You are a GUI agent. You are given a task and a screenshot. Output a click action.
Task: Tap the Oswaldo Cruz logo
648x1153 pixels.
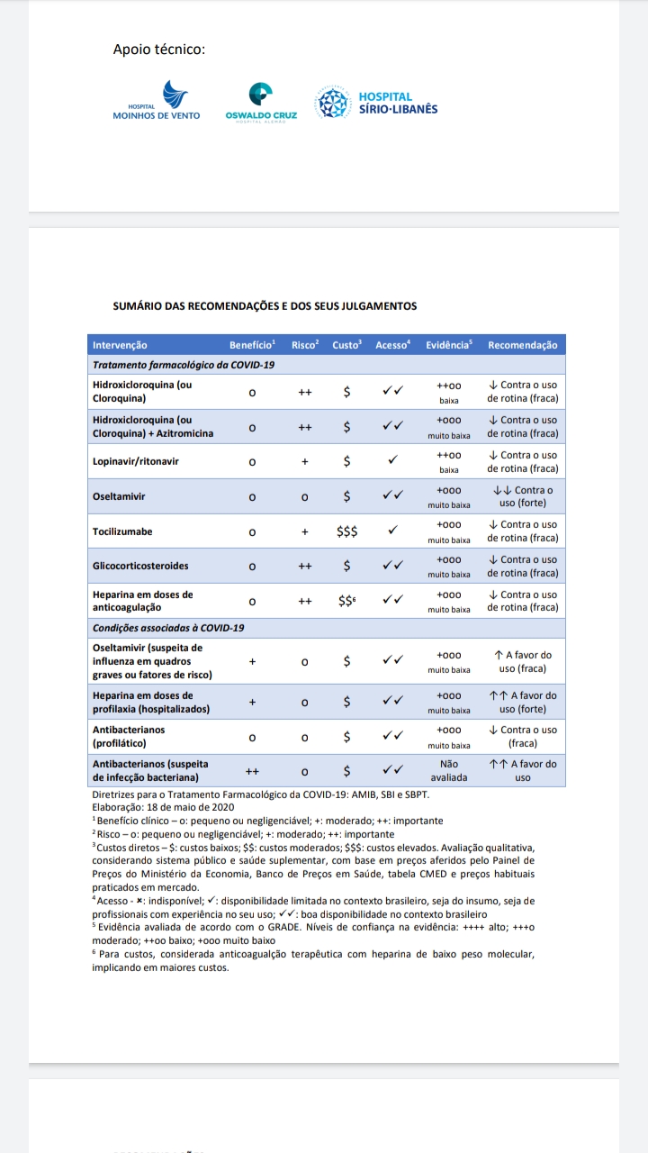pyautogui.click(x=261, y=104)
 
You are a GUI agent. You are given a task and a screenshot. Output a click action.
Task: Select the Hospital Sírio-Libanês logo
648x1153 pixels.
pyautogui.click(x=376, y=103)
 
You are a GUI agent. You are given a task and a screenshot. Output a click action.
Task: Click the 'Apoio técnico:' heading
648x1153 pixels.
pyautogui.click(x=159, y=49)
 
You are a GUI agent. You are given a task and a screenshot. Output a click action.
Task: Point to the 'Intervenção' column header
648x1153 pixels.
pyautogui.click(x=120, y=345)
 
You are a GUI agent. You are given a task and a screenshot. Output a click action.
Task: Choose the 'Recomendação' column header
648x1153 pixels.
pyautogui.click(x=522, y=345)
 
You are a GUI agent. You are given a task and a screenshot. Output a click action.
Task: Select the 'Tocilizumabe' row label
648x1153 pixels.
pyautogui.click(x=123, y=531)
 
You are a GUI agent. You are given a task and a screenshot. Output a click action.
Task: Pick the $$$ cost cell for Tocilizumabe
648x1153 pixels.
pyautogui.click(x=346, y=531)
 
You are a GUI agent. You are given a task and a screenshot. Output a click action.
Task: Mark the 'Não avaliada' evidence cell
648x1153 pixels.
pyautogui.click(x=448, y=770)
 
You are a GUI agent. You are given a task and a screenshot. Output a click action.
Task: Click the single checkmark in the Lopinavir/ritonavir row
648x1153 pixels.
pyautogui.click(x=392, y=461)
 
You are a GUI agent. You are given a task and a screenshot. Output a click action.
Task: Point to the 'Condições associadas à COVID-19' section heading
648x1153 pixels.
pyautogui.click(x=168, y=627)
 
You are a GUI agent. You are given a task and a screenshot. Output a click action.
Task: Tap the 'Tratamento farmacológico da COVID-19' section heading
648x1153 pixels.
pyautogui.click(x=184, y=365)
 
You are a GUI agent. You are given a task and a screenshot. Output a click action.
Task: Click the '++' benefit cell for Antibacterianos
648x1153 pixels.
pyautogui.click(x=253, y=770)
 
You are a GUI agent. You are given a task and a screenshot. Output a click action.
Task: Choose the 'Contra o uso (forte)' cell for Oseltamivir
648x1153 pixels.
pyautogui.click(x=522, y=496)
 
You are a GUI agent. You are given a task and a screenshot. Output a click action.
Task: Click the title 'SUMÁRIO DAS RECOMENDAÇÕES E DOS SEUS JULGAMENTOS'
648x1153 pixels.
pyautogui.click(x=265, y=306)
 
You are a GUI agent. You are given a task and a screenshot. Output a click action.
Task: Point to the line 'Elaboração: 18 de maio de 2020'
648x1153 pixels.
pyautogui.click(x=163, y=808)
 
